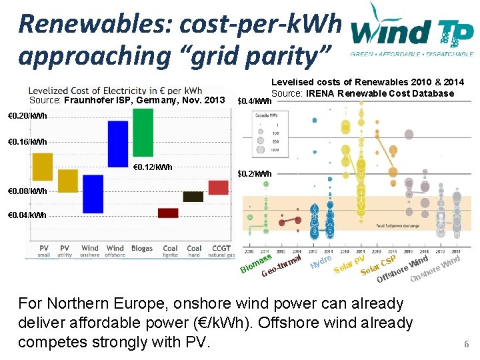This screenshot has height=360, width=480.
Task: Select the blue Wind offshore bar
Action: tap(117, 143)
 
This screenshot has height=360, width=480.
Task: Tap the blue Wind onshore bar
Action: tap(93, 193)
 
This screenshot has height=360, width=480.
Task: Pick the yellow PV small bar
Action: tap(43, 167)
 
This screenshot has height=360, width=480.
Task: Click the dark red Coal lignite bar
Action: tap(168, 213)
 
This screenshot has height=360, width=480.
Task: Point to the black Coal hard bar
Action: tap(193, 197)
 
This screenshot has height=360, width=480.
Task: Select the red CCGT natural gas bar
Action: tap(218, 187)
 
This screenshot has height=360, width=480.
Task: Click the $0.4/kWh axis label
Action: tap(254, 102)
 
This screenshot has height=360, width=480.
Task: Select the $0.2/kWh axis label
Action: tap(254, 174)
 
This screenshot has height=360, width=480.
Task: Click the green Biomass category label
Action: tap(255, 265)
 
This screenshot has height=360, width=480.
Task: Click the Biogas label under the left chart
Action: tap(142, 249)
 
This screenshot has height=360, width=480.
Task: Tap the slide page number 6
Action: tap(467, 345)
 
